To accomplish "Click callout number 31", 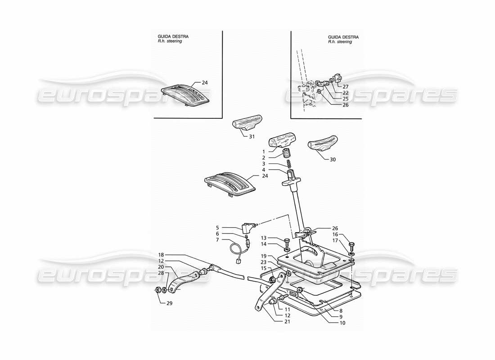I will [x=252, y=136].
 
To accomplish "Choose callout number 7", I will [x=229, y=240].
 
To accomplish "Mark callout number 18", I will [x=161, y=254].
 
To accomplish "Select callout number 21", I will [x=274, y=321].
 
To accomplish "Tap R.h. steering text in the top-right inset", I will [x=340, y=42].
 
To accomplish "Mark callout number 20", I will [x=161, y=267].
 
